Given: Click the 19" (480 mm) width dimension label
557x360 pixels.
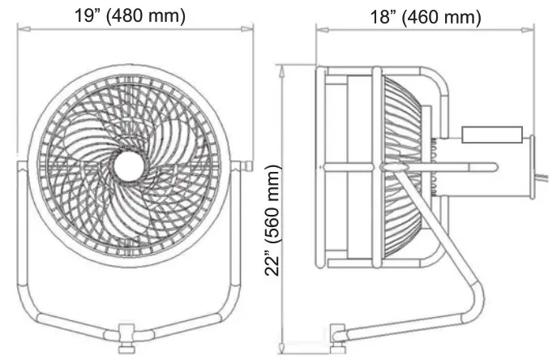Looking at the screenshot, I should [x=132, y=15].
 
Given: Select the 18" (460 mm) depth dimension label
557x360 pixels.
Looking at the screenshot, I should [x=426, y=15].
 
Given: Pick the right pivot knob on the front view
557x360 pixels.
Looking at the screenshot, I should [x=245, y=166].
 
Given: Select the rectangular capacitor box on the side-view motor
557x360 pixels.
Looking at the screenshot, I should [x=491, y=135].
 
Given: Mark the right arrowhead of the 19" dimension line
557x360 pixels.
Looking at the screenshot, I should [x=244, y=30].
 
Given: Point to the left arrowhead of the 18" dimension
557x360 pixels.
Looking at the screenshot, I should [x=319, y=30].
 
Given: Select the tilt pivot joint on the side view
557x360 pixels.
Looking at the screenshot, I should [x=382, y=166].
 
